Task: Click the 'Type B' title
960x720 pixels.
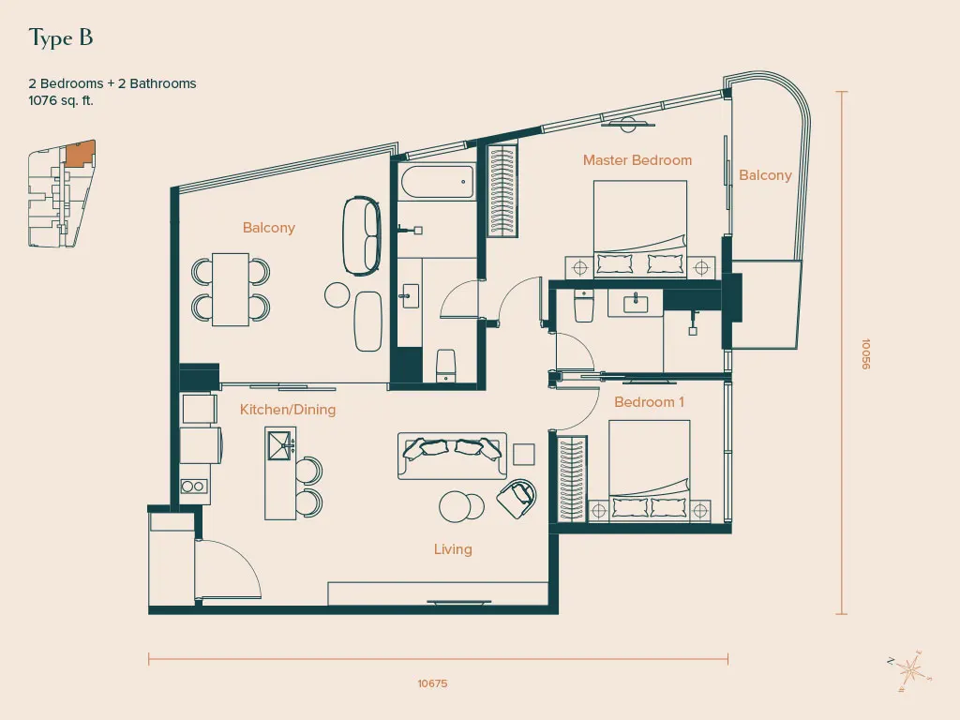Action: coord(61,37)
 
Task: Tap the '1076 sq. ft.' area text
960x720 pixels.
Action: coord(61,101)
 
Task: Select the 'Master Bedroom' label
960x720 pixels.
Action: coord(637,160)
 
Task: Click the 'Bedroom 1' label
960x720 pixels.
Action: coord(649,402)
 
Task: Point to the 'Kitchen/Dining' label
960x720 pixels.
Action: coord(288,410)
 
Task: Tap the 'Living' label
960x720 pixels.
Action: coord(453,549)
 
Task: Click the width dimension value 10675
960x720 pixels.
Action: coord(432,683)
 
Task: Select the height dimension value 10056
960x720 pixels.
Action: coord(865,353)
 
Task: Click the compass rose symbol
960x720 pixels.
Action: coord(909,671)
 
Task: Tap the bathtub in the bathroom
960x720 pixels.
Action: coord(437,181)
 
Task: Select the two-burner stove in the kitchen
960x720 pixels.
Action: coord(193,487)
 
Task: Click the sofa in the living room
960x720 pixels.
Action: coord(452,456)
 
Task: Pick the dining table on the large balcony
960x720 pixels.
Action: coord(231,290)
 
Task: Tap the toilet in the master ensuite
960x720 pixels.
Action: coord(584,306)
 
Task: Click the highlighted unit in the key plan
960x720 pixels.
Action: coord(80,155)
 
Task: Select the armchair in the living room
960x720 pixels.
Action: coord(517,499)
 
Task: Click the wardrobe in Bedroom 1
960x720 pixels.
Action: coord(572,479)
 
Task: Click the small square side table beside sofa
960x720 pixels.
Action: coord(523,455)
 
